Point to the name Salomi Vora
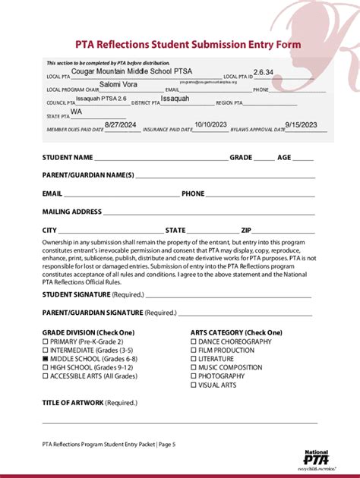(x=118, y=84)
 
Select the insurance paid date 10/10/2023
(x=210, y=124)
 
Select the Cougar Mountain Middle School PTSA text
(x=142, y=71)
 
